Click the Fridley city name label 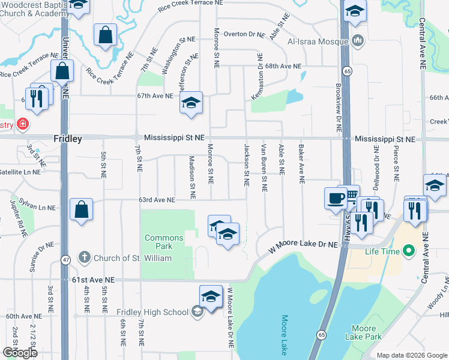click(x=68, y=138)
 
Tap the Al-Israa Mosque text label click(x=318, y=41)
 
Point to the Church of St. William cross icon click(x=85, y=257)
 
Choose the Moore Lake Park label click(x=364, y=332)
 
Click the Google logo click(x=20, y=352)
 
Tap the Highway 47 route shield click(x=65, y=260)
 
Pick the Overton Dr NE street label click(x=244, y=34)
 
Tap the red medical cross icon click(x=23, y=124)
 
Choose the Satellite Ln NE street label click(x=19, y=172)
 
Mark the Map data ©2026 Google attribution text click(x=412, y=355)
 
